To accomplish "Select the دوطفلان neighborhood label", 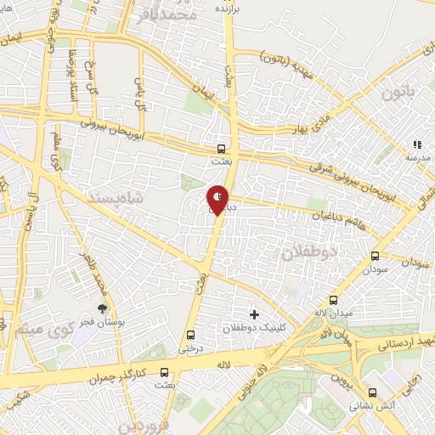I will click(x=309, y=252).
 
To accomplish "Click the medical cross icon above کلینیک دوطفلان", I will click(x=254, y=314).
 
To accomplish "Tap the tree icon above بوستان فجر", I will click(x=103, y=308).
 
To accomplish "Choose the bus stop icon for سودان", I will click(x=375, y=255).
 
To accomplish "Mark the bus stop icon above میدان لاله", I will click(x=332, y=301).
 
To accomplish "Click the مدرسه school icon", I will click(x=416, y=146).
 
